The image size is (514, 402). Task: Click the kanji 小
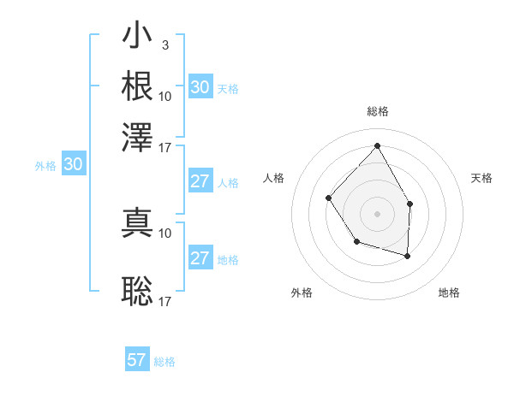(x=137, y=37)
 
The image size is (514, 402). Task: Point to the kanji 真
(x=137, y=222)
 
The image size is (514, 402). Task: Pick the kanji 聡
(x=137, y=292)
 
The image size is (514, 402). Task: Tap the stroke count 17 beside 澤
(x=165, y=146)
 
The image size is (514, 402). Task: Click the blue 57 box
(x=137, y=360)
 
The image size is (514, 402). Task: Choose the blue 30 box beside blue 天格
(x=200, y=86)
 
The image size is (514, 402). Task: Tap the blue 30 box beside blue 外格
(x=73, y=165)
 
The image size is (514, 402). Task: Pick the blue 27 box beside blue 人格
(x=200, y=181)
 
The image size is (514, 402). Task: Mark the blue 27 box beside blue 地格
(x=200, y=258)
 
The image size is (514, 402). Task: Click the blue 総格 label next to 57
(x=164, y=362)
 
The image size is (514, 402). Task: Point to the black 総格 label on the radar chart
(x=377, y=111)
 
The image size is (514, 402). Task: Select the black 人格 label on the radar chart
(x=274, y=178)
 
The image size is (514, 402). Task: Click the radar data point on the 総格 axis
(x=377, y=146)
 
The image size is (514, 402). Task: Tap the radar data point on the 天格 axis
(x=409, y=204)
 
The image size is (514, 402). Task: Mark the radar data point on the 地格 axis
(x=407, y=256)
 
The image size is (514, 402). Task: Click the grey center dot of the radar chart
(x=377, y=213)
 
